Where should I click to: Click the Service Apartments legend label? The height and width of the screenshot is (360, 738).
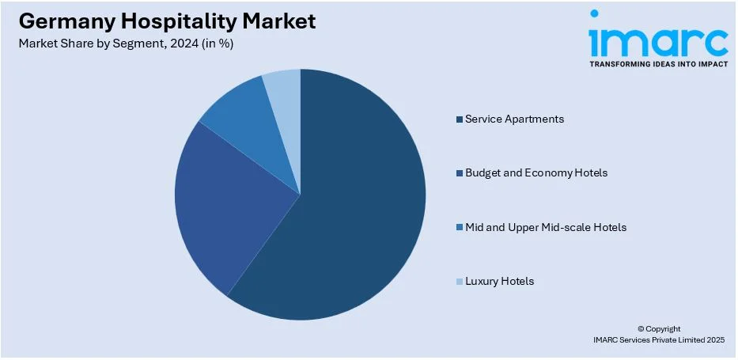[514, 119]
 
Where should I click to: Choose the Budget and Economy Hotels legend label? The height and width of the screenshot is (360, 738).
[536, 172]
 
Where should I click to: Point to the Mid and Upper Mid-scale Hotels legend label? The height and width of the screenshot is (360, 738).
[545, 227]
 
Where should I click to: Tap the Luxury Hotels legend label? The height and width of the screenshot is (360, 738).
[499, 281]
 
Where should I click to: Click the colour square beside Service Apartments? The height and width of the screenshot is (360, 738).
[459, 119]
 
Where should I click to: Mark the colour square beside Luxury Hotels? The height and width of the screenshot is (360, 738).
[459, 282]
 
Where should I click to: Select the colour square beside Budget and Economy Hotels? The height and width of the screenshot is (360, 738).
[459, 173]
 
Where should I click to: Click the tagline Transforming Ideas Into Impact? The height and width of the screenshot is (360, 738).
[658, 63]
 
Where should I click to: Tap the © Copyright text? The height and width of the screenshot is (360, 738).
[658, 328]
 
